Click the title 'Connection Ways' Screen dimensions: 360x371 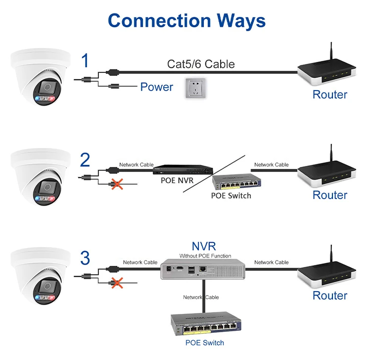(x=186, y=21)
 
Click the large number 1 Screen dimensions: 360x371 (x=85, y=61)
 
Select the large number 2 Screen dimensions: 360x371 (x=85, y=160)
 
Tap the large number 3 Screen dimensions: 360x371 (x=85, y=258)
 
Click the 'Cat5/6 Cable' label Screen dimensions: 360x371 (x=201, y=64)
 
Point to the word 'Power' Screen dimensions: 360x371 (x=156, y=87)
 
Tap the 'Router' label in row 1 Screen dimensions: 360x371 (x=329, y=95)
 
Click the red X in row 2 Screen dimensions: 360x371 (x=117, y=184)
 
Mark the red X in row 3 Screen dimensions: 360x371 (x=117, y=283)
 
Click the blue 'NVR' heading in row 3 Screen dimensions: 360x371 (x=204, y=246)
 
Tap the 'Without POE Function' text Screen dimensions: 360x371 (x=205, y=256)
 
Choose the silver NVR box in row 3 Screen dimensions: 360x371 (x=203, y=270)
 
